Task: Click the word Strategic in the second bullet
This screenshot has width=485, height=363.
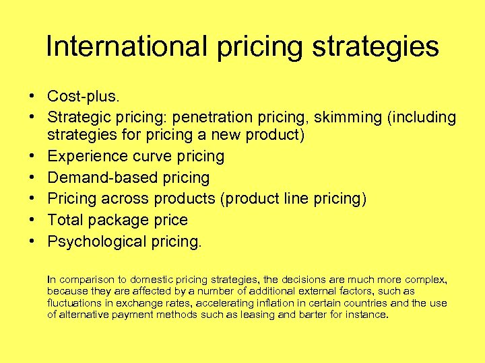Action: [77, 118]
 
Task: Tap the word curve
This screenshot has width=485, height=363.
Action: [153, 156]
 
